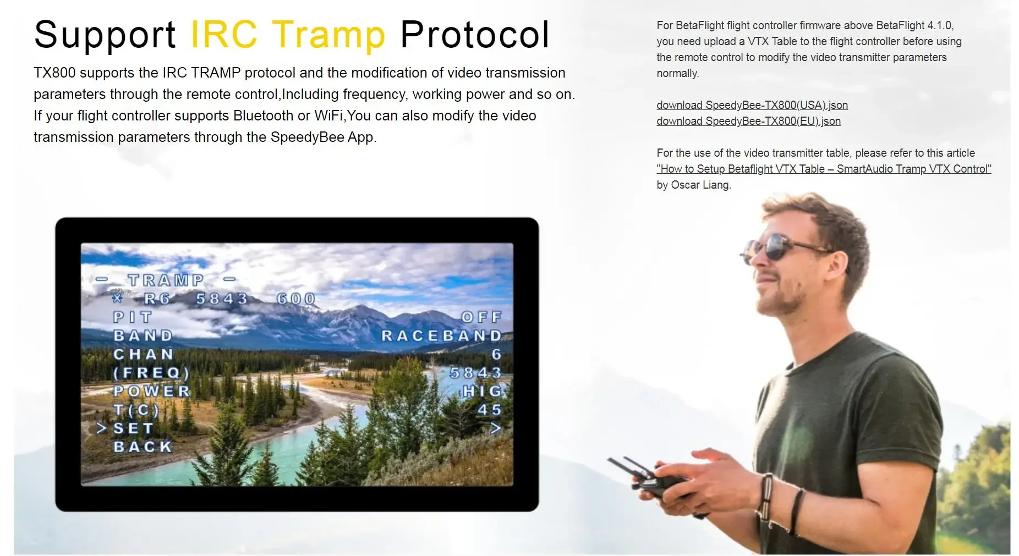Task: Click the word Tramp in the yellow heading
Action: (328, 35)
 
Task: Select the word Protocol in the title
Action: (475, 35)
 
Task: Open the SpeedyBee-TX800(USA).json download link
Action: (752, 105)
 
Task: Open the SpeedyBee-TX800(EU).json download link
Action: (748, 121)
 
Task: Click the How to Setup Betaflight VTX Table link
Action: (824, 169)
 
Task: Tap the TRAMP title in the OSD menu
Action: (166, 280)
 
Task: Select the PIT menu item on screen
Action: (132, 317)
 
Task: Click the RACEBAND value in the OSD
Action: (442, 335)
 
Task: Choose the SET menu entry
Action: (133, 428)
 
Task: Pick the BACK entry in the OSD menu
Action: (143, 447)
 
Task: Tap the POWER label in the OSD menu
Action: (152, 391)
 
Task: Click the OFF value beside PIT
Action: (481, 317)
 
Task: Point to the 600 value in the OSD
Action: (296, 299)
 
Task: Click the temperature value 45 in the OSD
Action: (490, 410)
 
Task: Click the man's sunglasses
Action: (781, 247)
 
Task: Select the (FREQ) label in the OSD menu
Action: (151, 373)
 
